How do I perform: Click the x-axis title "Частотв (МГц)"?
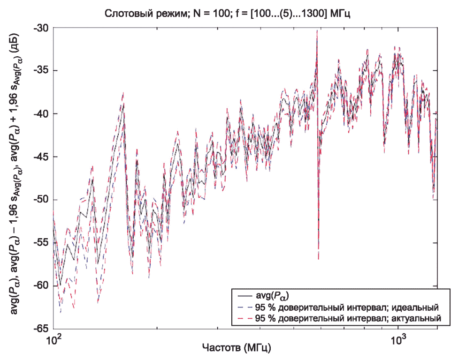tap(237, 348)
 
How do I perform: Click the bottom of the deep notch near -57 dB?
tap(319, 258)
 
